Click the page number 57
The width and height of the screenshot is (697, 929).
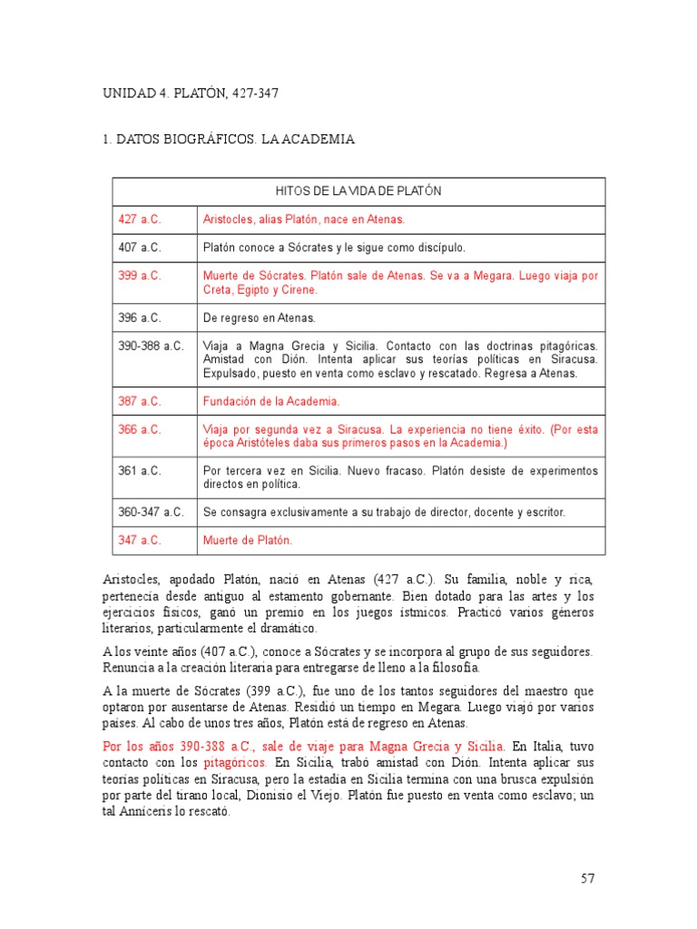point(586,878)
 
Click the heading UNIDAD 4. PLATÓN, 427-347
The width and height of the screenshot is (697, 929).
point(186,93)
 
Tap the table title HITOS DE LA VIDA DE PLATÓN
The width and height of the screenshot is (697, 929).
point(358,191)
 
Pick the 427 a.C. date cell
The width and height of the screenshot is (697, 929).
point(140,220)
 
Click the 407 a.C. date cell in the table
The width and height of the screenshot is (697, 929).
point(140,247)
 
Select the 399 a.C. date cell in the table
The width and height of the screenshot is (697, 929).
point(140,275)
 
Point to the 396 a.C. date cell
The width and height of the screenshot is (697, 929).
point(140,318)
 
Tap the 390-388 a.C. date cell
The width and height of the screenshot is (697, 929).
point(151,346)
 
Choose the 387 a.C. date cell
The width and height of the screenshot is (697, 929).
point(140,400)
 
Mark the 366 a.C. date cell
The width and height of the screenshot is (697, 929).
point(140,429)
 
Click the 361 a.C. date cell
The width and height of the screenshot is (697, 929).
point(140,471)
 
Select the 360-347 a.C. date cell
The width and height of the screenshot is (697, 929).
point(151,512)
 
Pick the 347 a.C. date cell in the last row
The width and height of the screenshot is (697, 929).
point(140,540)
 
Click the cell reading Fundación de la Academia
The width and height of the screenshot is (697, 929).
point(272,400)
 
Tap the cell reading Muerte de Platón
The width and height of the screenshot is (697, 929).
point(248,540)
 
